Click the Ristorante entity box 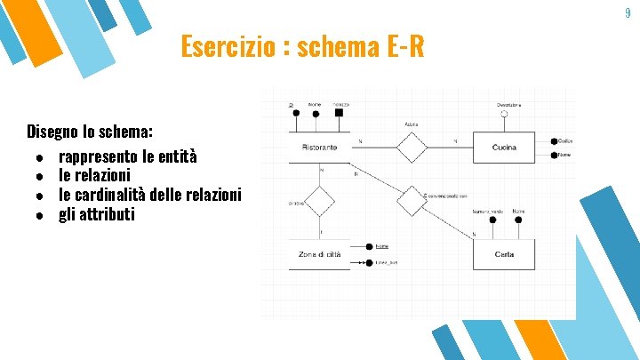pos(319,147)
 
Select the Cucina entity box pos(504,148)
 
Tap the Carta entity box pos(504,254)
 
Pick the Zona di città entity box pos(319,254)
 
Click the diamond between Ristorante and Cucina pos(412,147)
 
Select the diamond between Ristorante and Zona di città pos(319,201)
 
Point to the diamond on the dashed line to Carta pos(412,201)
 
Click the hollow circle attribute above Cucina pos(503,113)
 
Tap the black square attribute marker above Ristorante pos(339,113)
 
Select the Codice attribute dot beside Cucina pos(554,141)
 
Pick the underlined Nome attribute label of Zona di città pos(381,246)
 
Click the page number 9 pos(628,12)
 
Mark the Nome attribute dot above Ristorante pos(316,113)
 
